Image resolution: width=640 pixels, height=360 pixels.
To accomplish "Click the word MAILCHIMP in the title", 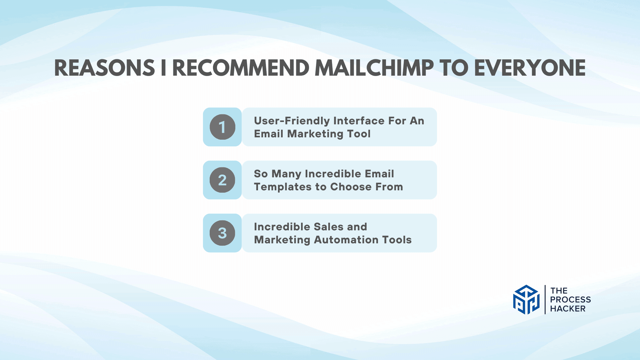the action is click(374, 68).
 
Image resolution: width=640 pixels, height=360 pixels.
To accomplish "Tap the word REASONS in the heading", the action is click(105, 68).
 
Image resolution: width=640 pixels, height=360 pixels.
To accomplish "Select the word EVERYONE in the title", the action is click(530, 68).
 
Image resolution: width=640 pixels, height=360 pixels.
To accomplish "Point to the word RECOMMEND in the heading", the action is click(241, 68).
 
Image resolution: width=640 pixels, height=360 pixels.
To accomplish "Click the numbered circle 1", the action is click(222, 127).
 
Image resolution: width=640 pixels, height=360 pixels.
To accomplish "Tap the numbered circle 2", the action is click(222, 180).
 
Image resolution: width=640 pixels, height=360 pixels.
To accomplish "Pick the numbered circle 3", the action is click(222, 233).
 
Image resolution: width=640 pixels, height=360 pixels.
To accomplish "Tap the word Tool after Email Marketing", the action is click(359, 134).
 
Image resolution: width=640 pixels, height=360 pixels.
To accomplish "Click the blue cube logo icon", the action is click(526, 300).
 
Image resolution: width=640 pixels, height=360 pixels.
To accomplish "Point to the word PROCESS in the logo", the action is click(570, 300).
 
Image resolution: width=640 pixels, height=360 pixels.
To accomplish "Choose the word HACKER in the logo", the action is click(568, 309).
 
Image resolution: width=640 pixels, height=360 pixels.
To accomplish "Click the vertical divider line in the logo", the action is click(545, 300).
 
